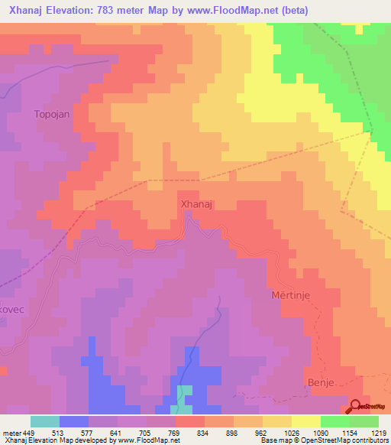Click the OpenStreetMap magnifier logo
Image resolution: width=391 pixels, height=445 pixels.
(x=357, y=407)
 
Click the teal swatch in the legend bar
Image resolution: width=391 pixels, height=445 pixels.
(x=45, y=421)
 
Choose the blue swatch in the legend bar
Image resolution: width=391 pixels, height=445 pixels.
(x=74, y=421)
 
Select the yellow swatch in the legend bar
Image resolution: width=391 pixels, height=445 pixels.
(x=306, y=421)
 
